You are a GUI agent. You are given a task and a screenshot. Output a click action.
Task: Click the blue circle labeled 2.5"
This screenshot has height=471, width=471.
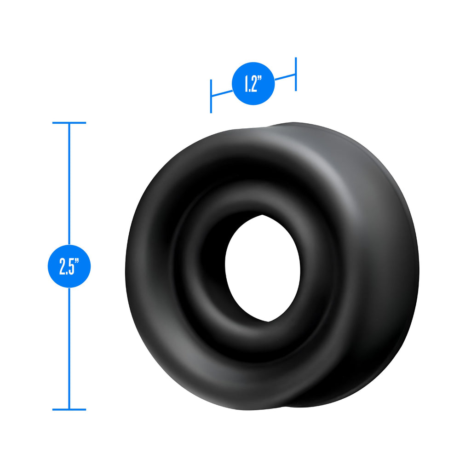(69, 266)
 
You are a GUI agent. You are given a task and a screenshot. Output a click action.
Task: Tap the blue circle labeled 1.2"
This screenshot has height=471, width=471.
(253, 84)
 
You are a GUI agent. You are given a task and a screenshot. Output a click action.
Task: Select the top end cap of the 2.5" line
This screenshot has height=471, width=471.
(69, 123)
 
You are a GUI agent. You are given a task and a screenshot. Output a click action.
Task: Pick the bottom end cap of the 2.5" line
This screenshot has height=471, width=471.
(69, 409)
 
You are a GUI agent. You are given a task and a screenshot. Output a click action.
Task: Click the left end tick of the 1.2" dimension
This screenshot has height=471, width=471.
(211, 96)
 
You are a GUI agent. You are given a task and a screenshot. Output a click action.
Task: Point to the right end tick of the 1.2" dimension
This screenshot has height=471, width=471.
(296, 74)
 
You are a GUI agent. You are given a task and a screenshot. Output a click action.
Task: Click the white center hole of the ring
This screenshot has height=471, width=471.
(263, 268)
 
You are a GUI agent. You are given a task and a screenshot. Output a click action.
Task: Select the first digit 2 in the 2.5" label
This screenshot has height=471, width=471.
(62, 266)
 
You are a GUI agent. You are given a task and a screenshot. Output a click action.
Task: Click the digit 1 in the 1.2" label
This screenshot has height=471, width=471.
(247, 84)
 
